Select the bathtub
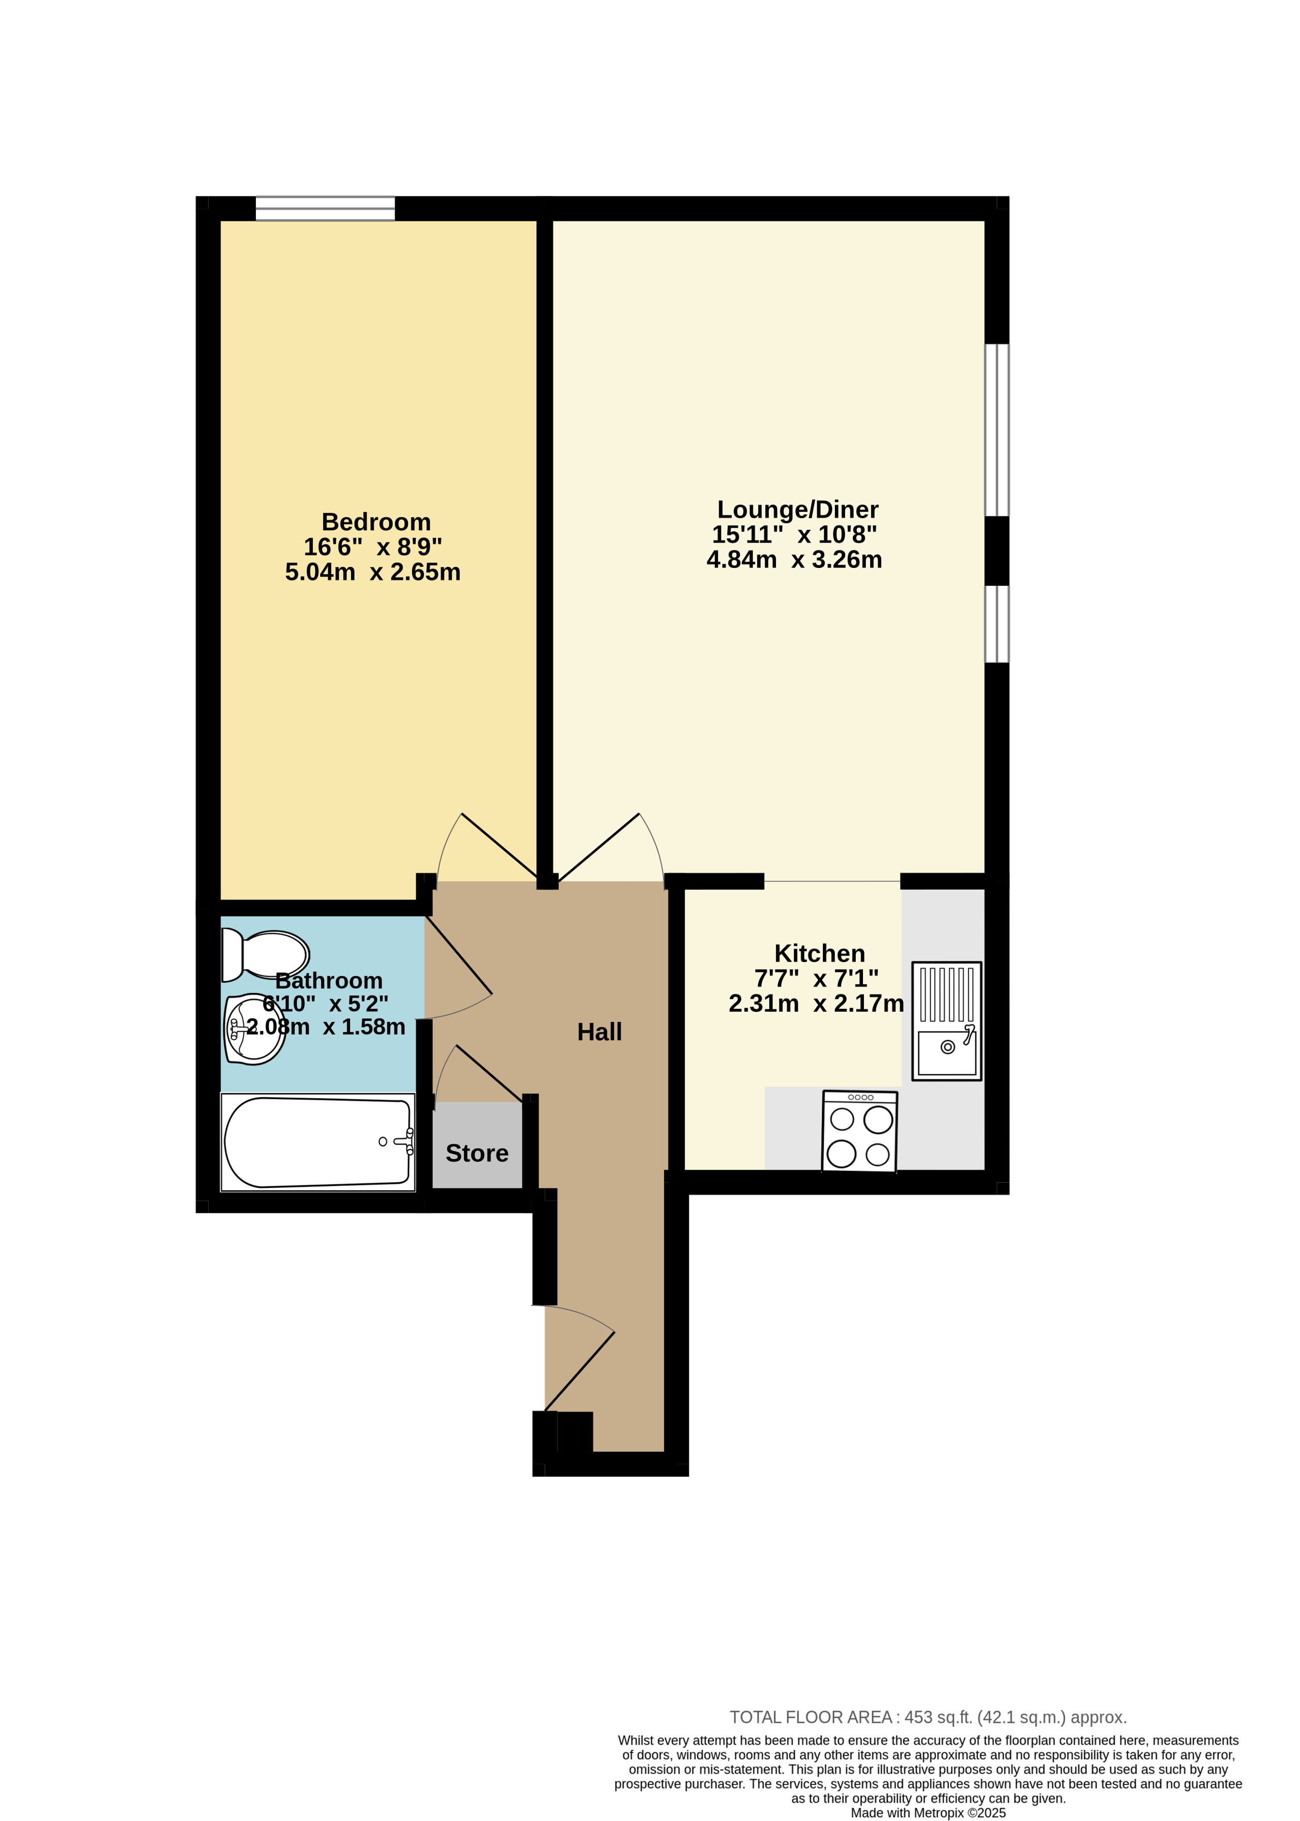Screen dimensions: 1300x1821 (x=318, y=1142)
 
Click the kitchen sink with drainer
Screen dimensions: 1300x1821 (x=947, y=1021)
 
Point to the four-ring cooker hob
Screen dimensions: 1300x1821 (x=860, y=1131)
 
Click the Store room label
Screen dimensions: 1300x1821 (x=477, y=1153)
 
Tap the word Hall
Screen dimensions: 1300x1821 (x=599, y=1032)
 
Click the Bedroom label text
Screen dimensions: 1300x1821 (x=376, y=522)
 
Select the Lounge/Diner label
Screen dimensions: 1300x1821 (x=798, y=509)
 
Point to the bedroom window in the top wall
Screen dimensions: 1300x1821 (x=325, y=208)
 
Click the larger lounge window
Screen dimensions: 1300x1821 (x=997, y=430)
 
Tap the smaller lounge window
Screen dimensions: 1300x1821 (x=997, y=624)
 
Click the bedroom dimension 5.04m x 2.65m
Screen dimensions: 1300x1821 (x=373, y=572)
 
